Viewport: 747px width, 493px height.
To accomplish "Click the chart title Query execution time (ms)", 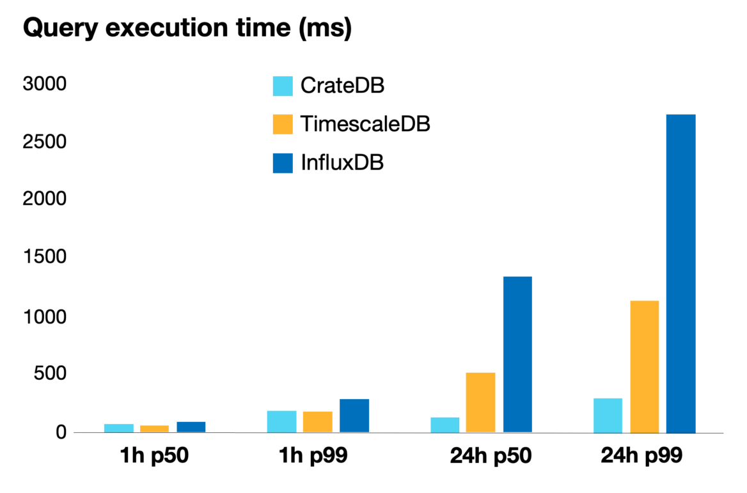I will point(187,28).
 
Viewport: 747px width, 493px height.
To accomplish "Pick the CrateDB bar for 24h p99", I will point(608,415).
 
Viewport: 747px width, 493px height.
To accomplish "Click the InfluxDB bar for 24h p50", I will point(517,354).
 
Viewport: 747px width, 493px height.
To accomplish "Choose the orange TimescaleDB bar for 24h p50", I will point(481,402).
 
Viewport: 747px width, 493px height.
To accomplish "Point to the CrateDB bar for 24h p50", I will point(444,425).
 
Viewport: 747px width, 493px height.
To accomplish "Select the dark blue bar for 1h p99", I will point(354,416).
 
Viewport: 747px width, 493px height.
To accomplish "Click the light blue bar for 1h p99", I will point(281,421).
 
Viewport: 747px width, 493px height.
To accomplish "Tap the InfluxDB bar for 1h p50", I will point(191,427).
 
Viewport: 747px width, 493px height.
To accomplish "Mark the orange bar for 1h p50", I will point(155,428).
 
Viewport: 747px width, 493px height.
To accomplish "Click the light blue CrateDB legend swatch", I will point(283,86).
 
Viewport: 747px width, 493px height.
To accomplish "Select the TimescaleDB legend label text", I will point(365,124).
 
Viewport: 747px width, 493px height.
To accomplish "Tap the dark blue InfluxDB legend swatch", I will point(283,163).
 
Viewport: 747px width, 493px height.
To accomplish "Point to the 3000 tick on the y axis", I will point(44,84).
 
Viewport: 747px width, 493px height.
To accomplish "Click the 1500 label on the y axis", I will point(44,258).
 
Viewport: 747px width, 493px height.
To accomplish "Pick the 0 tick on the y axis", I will point(61,432).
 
